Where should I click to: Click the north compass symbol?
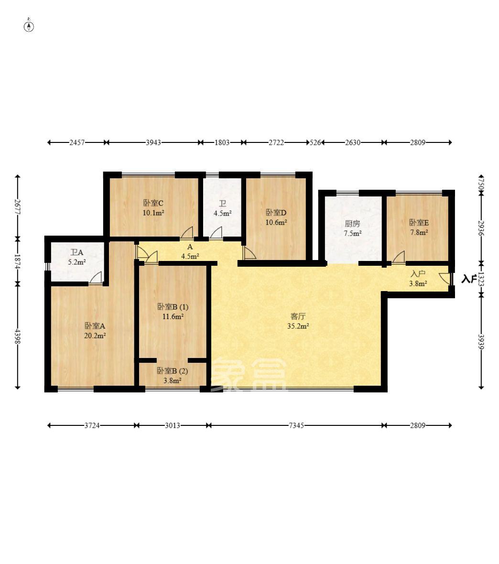tap(29, 26)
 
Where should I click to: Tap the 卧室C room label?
tap(153, 203)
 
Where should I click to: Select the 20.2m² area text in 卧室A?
tap(95, 336)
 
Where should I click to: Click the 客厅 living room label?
tap(298, 316)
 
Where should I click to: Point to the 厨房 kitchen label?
tap(352, 224)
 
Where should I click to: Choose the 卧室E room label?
tap(419, 223)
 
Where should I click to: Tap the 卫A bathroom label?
tap(76, 252)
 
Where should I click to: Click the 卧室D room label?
tap(276, 213)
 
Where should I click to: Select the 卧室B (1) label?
tap(173, 307)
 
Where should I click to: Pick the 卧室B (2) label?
tap(173, 371)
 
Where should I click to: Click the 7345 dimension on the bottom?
tap(296, 425)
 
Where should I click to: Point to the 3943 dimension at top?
tap(153, 142)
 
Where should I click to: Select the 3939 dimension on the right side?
tap(481, 342)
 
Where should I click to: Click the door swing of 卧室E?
tap(399, 257)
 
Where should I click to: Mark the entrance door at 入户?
tap(445, 279)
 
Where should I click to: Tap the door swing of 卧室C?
tap(187, 233)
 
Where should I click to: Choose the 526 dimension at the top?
tap(315, 142)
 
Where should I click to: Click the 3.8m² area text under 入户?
tap(418, 283)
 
